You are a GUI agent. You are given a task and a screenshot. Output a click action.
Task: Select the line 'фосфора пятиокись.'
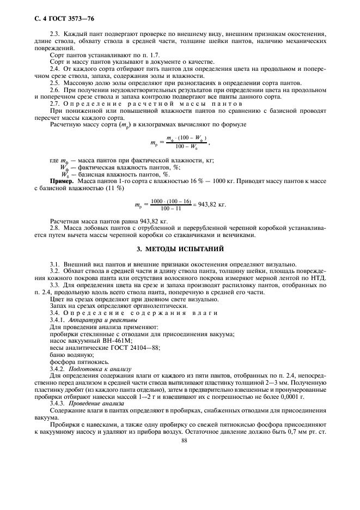77,360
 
